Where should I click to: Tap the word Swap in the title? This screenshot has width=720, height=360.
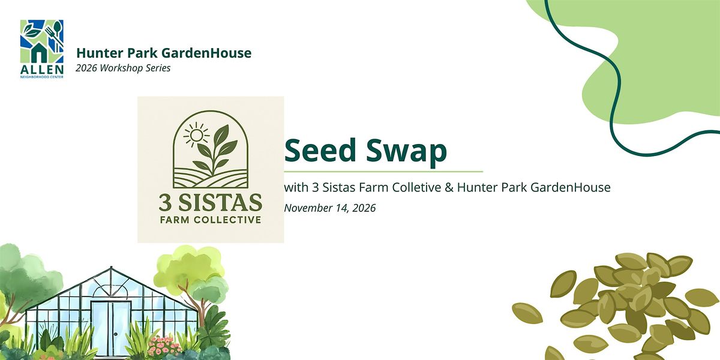pyautogui.click(x=406, y=152)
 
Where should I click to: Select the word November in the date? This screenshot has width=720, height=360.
pyautogui.click(x=308, y=208)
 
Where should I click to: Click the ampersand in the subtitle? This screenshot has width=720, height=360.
pyautogui.click(x=449, y=187)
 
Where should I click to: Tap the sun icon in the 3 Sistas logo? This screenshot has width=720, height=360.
pyautogui.click(x=196, y=136)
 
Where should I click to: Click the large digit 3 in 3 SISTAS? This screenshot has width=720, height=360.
pyautogui.click(x=166, y=203)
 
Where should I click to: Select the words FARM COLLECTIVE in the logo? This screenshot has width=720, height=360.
pyautogui.click(x=211, y=220)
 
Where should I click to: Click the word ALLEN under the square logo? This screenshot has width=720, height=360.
pyautogui.click(x=42, y=70)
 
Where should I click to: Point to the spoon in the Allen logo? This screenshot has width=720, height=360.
pyautogui.click(x=58, y=35)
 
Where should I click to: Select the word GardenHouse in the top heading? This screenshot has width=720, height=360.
pyautogui.click(x=206, y=53)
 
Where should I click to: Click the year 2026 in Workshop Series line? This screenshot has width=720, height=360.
pyautogui.click(x=86, y=68)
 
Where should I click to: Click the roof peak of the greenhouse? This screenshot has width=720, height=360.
pyautogui.click(x=111, y=268)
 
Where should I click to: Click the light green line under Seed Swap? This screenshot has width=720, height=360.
pyautogui.click(x=383, y=172)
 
